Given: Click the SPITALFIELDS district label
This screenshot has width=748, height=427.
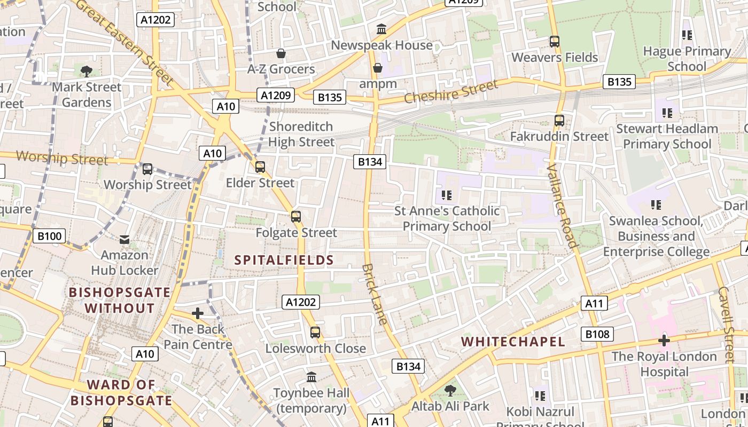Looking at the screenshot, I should pyautogui.click(x=284, y=260).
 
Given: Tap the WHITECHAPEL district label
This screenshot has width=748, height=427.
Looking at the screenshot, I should pyautogui.click(x=513, y=342).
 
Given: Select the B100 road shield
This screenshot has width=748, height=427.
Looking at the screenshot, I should pyautogui.click(x=49, y=236).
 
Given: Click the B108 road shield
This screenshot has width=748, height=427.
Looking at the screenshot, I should pyautogui.click(x=597, y=334).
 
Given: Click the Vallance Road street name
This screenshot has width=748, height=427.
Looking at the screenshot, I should pyautogui.click(x=563, y=205).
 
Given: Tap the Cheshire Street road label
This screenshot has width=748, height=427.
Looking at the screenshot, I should pyautogui.click(x=451, y=91).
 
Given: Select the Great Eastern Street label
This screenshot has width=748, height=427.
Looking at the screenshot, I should pyautogui.click(x=126, y=42).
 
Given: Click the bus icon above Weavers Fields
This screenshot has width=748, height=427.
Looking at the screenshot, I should pyautogui.click(x=555, y=41).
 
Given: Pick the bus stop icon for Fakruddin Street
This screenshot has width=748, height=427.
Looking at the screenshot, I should pyautogui.click(x=559, y=121).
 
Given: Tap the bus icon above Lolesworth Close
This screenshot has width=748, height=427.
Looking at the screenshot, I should pyautogui.click(x=315, y=333).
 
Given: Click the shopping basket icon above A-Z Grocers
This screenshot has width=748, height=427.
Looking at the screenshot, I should pyautogui.click(x=281, y=53).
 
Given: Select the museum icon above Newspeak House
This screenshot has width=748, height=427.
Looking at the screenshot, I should pyautogui.click(x=381, y=29).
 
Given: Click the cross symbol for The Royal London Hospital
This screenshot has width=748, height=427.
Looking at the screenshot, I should pyautogui.click(x=664, y=341).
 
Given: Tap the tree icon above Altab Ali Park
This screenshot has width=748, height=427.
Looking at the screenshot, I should pyautogui.click(x=450, y=390).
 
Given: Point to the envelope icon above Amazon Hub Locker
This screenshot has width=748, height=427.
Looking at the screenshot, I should pyautogui.click(x=124, y=240).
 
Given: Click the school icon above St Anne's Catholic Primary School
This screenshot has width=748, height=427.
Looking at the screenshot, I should pyautogui.click(x=447, y=195).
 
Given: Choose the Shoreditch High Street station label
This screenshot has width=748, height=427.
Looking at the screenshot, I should pyautogui.click(x=301, y=134).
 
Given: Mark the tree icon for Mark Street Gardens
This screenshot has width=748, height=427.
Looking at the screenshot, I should pyautogui.click(x=87, y=71).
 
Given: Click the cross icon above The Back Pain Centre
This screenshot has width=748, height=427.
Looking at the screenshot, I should pyautogui.click(x=198, y=313).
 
